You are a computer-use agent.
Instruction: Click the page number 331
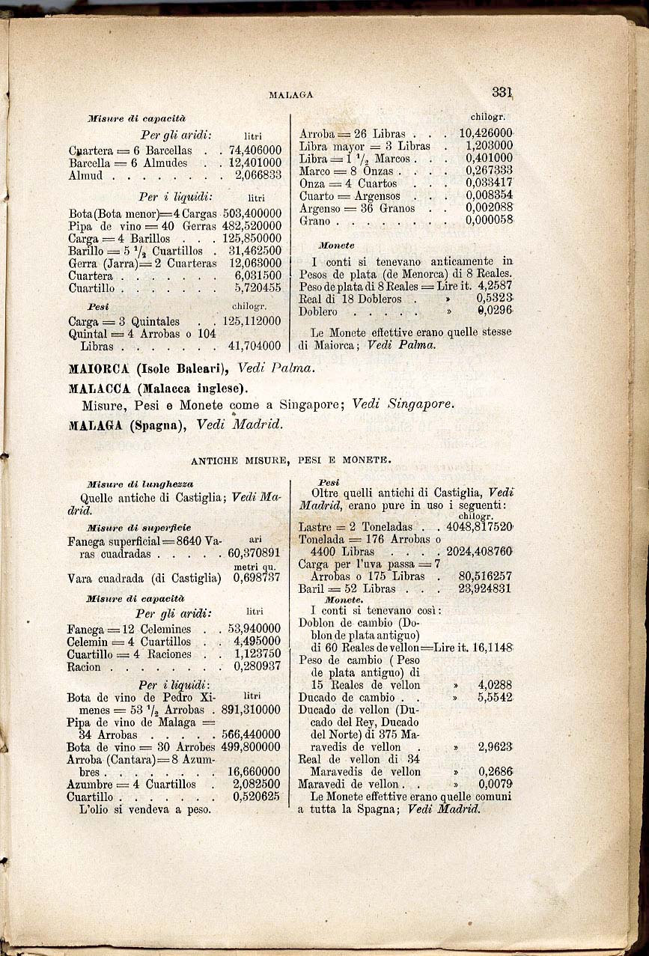[502, 93]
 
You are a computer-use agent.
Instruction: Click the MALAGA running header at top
[290, 95]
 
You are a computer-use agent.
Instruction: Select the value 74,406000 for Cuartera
[255, 150]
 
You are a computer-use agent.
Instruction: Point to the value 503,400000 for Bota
[252, 213]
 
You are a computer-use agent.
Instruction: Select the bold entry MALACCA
[103, 389]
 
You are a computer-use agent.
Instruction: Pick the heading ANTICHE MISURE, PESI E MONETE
[290, 460]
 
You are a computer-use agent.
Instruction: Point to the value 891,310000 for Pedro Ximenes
[252, 710]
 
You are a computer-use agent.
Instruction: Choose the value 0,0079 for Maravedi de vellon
[496, 784]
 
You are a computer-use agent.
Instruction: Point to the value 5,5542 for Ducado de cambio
[495, 696]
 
